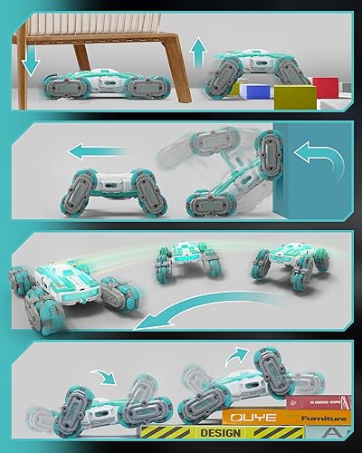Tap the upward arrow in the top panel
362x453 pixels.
pos(198,54)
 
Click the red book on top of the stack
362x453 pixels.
pos(317,401)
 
